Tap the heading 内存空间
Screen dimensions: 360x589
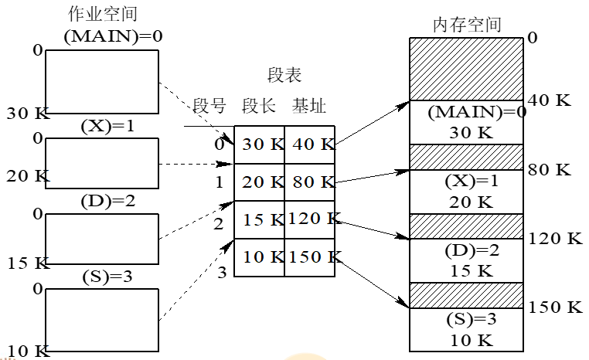point(466,24)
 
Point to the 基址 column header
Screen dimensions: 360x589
point(308,106)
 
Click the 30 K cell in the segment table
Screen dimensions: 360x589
point(260,144)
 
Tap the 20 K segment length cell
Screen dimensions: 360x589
point(260,182)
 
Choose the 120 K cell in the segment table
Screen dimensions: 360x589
point(309,219)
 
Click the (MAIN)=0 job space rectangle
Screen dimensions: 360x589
point(102,82)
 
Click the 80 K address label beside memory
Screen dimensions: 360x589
point(550,169)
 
